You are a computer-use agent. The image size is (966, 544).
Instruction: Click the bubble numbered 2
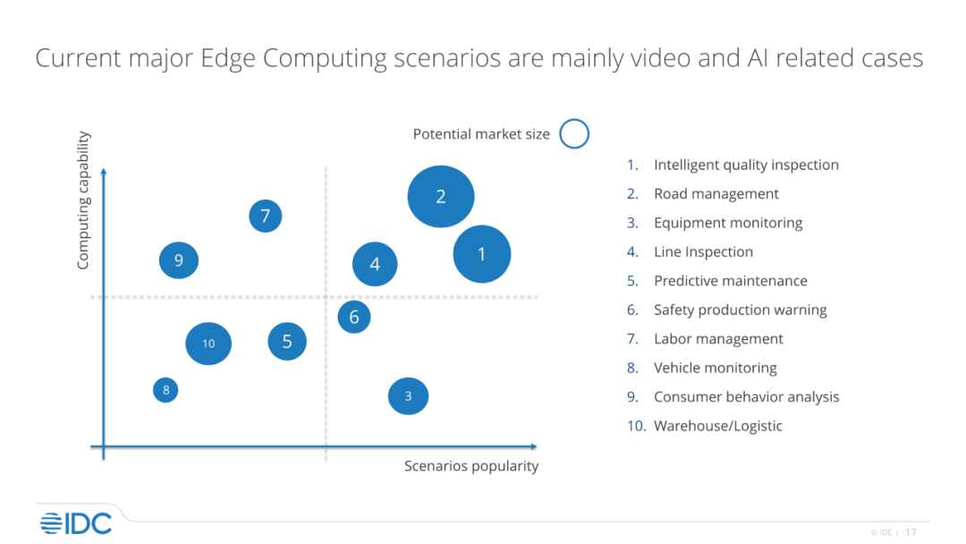[440, 197]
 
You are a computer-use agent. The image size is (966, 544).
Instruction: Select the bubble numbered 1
[481, 254]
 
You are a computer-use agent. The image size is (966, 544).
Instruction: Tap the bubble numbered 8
[165, 390]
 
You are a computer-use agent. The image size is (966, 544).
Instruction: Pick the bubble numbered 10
[208, 344]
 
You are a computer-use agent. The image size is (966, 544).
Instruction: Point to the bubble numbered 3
[408, 396]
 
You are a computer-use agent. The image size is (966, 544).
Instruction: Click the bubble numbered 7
[266, 216]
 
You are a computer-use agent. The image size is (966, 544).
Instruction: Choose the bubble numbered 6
[354, 317]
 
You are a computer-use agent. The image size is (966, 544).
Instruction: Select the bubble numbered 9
[179, 260]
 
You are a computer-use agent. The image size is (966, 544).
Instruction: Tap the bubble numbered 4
[375, 264]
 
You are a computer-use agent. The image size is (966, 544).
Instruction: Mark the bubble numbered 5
[287, 341]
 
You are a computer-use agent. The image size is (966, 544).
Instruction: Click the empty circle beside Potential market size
[574, 134]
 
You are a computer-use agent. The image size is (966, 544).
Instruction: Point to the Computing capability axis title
[83, 200]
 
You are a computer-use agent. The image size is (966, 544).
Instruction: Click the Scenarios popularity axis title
[471, 466]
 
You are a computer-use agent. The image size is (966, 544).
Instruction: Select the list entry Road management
[716, 194]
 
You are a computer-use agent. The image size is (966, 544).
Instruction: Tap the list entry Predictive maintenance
[730, 281]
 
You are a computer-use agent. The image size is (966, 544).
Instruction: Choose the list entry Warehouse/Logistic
[717, 426]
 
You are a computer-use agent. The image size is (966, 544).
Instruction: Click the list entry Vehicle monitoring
[715, 368]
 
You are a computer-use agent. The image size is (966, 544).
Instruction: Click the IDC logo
[75, 523]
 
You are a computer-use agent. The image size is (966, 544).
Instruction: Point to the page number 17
[911, 532]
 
